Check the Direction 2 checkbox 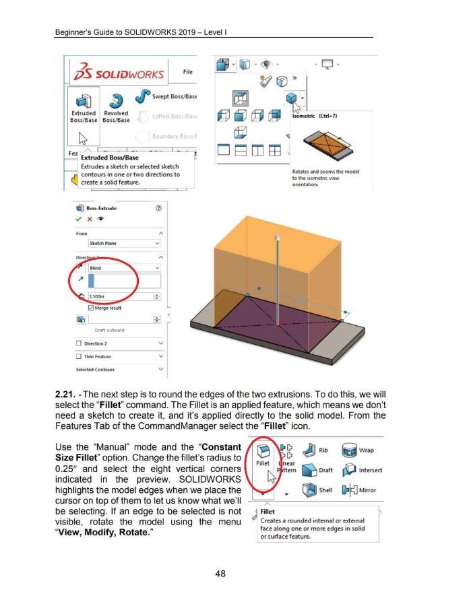(x=79, y=343)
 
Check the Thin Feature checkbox (x=79, y=357)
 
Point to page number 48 (x=234, y=574)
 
